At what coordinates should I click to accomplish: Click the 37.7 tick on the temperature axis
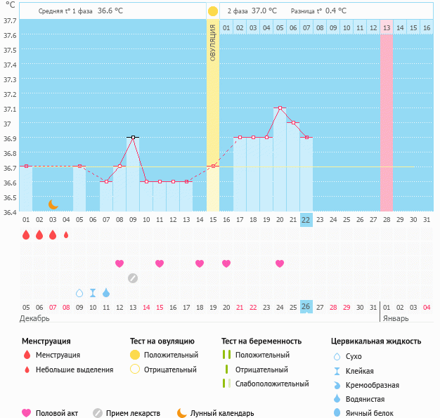(x=9, y=20)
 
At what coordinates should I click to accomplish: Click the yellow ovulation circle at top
(x=212, y=11)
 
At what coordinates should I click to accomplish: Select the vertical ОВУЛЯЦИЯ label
(x=212, y=41)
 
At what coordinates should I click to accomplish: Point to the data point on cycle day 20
(x=280, y=108)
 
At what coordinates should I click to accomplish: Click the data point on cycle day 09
(x=133, y=138)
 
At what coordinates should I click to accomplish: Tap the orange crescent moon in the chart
(x=53, y=204)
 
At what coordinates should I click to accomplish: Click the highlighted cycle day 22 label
(x=306, y=219)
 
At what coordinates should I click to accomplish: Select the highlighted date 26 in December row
(x=306, y=306)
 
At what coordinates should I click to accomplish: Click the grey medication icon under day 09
(x=133, y=277)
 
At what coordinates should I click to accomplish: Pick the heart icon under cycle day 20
(x=280, y=263)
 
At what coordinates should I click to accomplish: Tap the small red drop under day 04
(x=66, y=235)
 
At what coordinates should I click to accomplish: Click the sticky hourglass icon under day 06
(x=93, y=292)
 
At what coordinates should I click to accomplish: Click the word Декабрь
(x=35, y=318)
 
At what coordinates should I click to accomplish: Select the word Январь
(x=395, y=318)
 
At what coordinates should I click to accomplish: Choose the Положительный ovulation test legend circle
(x=135, y=355)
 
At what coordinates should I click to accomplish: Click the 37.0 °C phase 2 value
(x=264, y=11)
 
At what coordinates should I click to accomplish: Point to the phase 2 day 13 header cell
(x=387, y=27)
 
